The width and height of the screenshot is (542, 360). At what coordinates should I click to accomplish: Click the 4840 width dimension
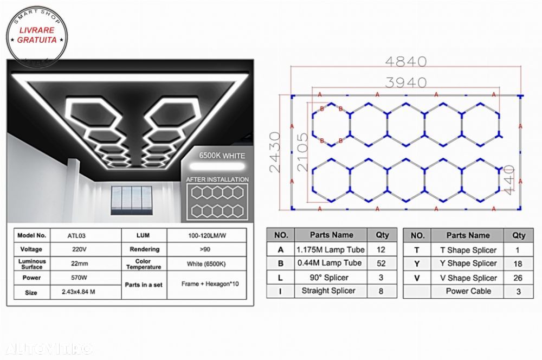406,62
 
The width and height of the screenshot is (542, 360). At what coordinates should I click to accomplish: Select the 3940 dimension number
406,82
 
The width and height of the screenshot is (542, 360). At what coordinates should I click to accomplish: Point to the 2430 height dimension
276,152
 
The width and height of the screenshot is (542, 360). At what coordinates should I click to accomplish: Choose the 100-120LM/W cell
207,235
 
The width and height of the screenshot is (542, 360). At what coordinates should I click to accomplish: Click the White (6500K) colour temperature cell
207,263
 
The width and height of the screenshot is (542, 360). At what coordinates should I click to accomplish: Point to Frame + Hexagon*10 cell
207,284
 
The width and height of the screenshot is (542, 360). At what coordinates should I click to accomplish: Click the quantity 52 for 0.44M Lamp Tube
382,263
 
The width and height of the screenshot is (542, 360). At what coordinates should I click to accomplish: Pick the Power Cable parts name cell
468,291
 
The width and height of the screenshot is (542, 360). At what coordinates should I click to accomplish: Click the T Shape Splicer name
468,250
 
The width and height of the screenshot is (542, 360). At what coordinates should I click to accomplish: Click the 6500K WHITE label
222,156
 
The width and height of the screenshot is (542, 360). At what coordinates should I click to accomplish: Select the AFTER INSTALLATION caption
217,179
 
